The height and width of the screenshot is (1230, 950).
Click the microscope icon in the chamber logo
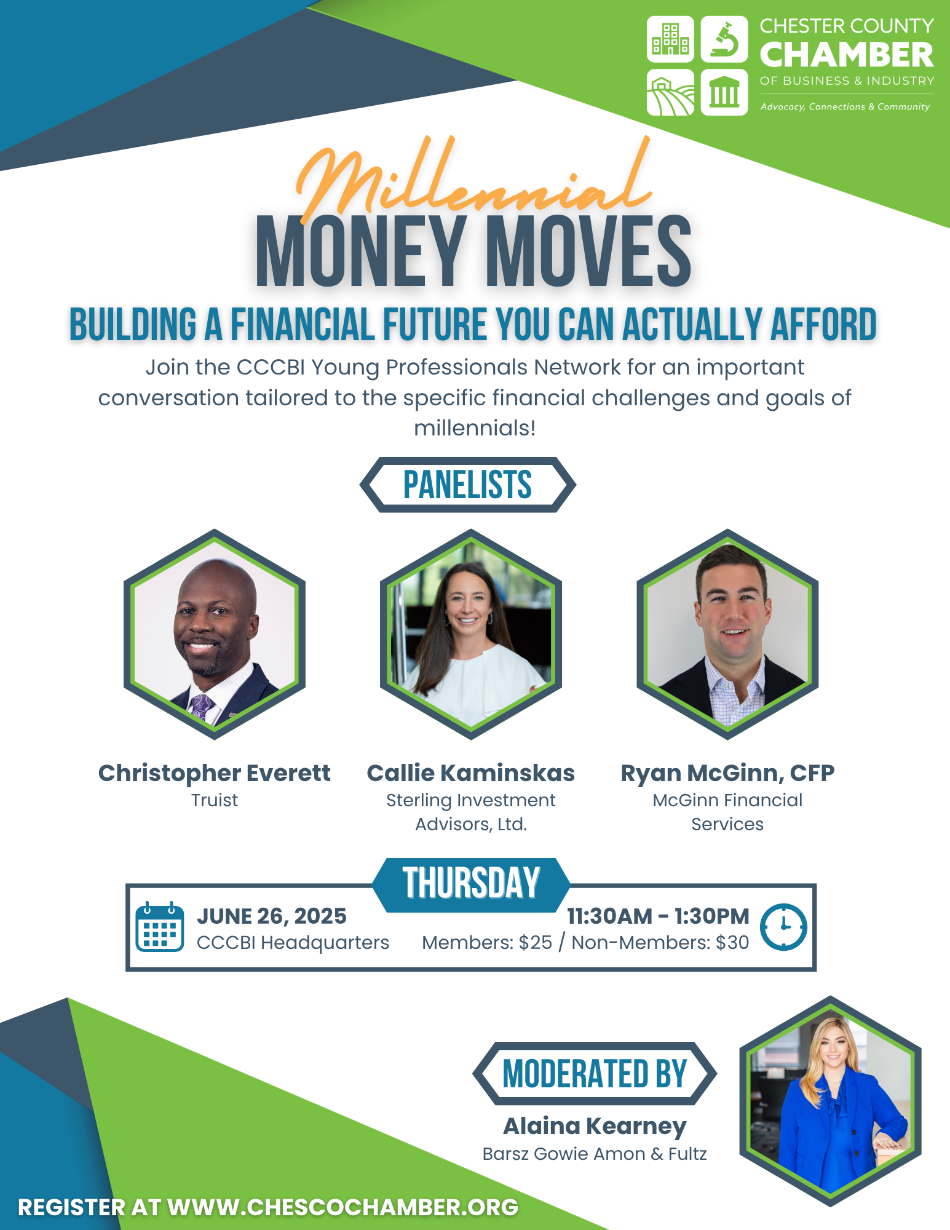pyautogui.click(x=724, y=39)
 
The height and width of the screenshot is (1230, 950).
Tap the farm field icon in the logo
pyautogui.click(x=670, y=92)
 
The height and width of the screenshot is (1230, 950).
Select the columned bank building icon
pyautogui.click(x=724, y=92)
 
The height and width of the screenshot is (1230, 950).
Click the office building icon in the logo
pyautogui.click(x=670, y=39)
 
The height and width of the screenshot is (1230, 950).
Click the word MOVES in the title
pyautogui.click(x=589, y=252)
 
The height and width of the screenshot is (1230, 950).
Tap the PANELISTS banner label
pyautogui.click(x=467, y=485)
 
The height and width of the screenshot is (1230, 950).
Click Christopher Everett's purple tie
pyautogui.click(x=201, y=706)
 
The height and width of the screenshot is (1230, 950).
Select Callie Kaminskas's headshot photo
pyautogui.click(x=471, y=634)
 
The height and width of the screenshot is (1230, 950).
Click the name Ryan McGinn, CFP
pyautogui.click(x=727, y=773)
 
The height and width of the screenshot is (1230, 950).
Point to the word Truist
pyautogui.click(x=214, y=800)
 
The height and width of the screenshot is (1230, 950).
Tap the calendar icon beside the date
pyautogui.click(x=159, y=927)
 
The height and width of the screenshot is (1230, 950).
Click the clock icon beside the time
pyautogui.click(x=783, y=927)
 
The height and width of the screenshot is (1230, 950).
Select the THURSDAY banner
pyautogui.click(x=471, y=884)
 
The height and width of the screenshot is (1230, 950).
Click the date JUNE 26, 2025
pyautogui.click(x=271, y=916)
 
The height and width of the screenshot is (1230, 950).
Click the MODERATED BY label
pyautogui.click(x=595, y=1074)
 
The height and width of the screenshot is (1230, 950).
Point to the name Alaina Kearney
pyautogui.click(x=595, y=1126)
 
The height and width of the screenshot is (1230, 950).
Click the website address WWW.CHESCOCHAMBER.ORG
pyautogui.click(x=343, y=1207)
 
